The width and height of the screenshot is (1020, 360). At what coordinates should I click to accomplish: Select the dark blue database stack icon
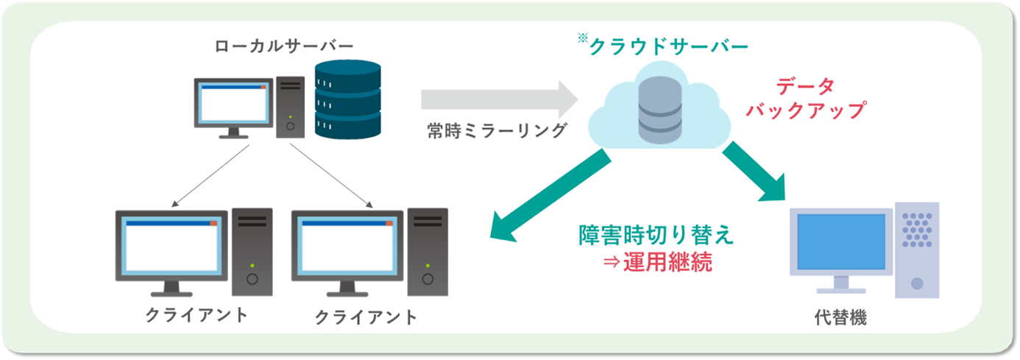click(348, 102)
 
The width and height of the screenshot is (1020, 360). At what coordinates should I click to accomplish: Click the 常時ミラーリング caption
click(497, 131)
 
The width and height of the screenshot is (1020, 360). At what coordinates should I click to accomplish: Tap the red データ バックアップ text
click(804, 99)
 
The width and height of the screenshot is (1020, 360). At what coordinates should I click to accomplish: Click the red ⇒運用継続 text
click(656, 262)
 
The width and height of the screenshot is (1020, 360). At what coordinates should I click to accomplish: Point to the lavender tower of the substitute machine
click(916, 250)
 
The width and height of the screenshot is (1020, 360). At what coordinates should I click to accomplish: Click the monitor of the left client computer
click(171, 246)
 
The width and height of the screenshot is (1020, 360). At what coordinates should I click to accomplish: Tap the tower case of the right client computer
click(428, 250)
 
